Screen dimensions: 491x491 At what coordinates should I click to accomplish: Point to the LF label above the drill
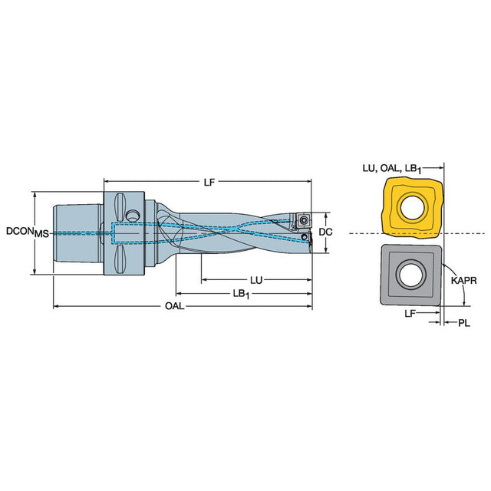208,182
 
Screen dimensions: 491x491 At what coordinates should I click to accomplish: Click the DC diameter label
325,231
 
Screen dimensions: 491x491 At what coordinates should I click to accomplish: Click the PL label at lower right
463,323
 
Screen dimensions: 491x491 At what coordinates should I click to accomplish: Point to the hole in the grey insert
412,274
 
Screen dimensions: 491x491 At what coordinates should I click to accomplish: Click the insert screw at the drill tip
302,219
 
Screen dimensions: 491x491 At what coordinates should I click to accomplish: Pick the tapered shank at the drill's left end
77,232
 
